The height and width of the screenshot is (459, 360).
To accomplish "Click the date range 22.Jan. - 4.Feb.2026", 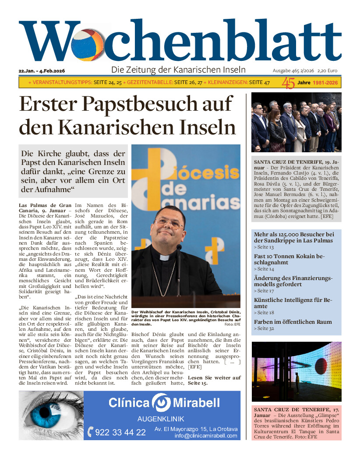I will (42, 71).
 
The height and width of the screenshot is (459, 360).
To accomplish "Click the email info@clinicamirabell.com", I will (206, 436).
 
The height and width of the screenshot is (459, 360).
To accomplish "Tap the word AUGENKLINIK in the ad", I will (161, 419).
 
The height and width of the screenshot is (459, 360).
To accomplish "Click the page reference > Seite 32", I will (263, 328).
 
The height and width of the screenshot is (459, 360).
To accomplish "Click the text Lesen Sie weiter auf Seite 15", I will (214, 380).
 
